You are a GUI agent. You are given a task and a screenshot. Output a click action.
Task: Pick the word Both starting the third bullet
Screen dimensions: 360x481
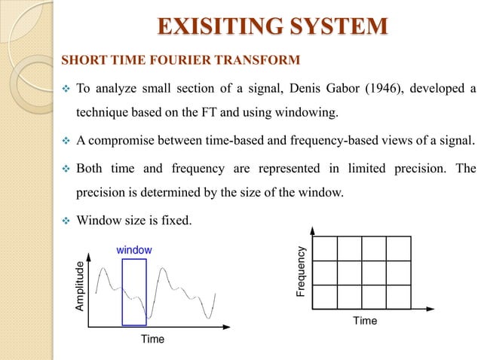tap(91, 169)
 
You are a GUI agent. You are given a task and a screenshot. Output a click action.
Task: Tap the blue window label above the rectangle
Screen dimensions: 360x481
tap(134, 249)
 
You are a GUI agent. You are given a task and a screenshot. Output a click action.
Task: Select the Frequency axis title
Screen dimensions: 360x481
tap(301, 270)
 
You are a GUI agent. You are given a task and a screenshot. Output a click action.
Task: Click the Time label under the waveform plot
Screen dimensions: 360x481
tap(152, 340)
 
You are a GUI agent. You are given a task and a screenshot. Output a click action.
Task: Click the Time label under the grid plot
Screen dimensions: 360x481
tap(365, 321)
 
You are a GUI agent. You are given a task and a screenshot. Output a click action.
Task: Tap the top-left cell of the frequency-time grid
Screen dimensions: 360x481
tap(325, 248)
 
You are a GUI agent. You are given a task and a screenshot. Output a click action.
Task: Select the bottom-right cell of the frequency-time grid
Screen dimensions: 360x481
tap(398, 297)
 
